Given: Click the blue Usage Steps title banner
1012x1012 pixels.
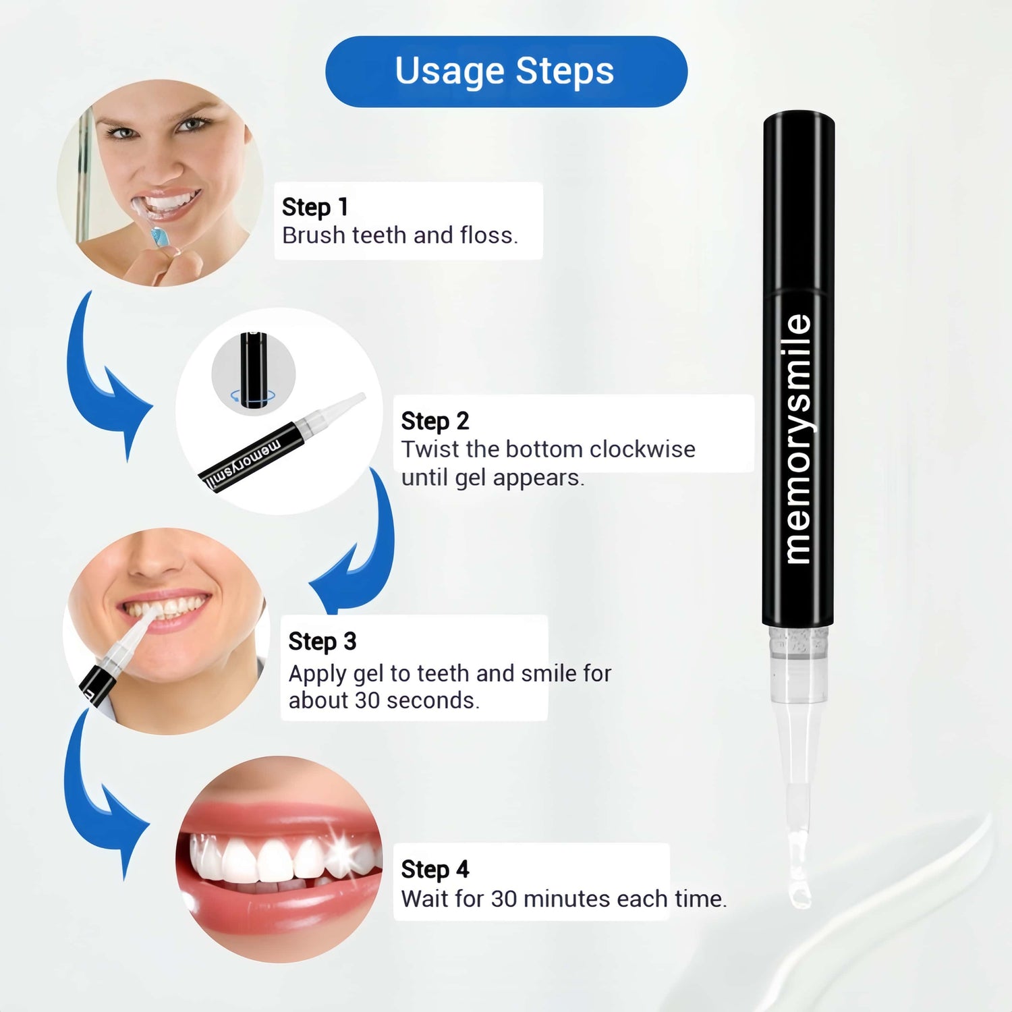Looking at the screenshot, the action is tap(506, 72).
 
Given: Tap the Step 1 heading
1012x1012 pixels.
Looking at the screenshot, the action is tap(315, 207).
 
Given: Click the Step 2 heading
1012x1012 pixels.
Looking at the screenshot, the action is tap(435, 421).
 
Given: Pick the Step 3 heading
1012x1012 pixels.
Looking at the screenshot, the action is tap(322, 642).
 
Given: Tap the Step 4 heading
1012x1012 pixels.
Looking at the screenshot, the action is tap(435, 870).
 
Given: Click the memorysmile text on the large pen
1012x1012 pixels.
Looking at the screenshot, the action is tap(798, 439).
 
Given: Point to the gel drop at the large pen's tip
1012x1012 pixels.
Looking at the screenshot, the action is tap(799, 896).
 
